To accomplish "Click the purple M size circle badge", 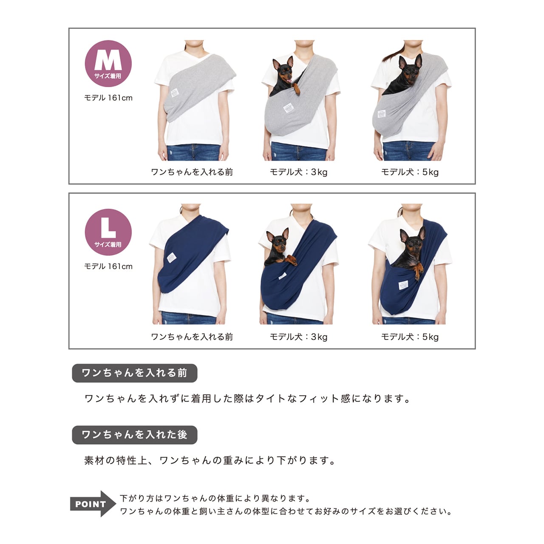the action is pos(108,63).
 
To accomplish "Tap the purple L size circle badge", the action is pos(108,232).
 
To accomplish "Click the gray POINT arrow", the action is pos(93,504).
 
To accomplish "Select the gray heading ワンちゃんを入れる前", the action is pos(135,373).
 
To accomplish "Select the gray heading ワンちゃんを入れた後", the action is pos(135,435).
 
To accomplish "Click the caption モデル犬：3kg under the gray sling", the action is pos(299,172).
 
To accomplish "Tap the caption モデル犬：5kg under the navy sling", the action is pos(410,337).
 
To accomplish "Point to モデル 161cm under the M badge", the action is pos(108,98).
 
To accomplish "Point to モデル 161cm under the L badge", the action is pos(108,266).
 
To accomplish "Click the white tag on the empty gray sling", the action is pos(175,93).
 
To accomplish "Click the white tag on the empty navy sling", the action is pos(171,258).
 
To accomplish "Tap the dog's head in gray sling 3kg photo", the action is pos(283,70).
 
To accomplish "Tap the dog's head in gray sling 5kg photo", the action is pos(410,68).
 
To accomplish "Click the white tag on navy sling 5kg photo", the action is pos(403,285).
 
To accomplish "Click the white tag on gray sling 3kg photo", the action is pos(288,108).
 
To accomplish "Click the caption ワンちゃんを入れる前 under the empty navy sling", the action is pos(192,337).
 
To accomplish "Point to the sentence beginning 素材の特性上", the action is pos(210,460).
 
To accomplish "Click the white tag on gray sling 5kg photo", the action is pos(381,113).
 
